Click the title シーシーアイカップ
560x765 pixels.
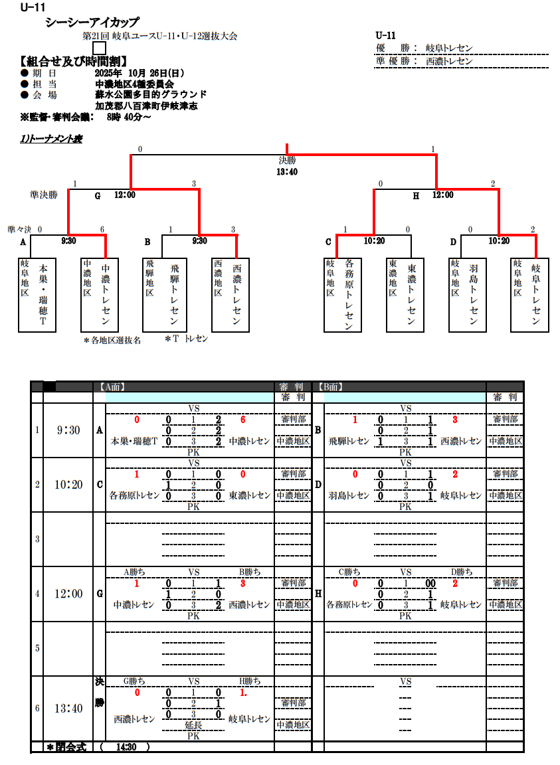click(x=92, y=23)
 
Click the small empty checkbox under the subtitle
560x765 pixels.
click(x=99, y=48)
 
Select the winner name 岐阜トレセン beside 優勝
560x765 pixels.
click(x=449, y=48)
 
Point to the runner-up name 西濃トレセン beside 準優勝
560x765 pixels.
click(x=449, y=60)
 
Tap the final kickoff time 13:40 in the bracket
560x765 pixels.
click(x=287, y=171)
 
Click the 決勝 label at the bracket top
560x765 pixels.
click(x=287, y=160)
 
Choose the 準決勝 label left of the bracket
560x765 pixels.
click(x=44, y=195)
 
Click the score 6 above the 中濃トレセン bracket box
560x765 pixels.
click(x=102, y=230)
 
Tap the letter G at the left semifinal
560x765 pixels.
click(x=97, y=195)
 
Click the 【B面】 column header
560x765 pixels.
click(x=330, y=386)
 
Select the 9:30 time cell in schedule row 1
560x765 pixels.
click(x=68, y=430)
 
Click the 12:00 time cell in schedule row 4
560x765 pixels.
click(x=68, y=594)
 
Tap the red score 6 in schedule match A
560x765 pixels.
click(x=243, y=420)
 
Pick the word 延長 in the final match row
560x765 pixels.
click(x=194, y=725)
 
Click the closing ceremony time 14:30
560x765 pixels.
click(x=126, y=747)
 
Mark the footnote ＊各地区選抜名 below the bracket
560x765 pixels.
click(x=112, y=340)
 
